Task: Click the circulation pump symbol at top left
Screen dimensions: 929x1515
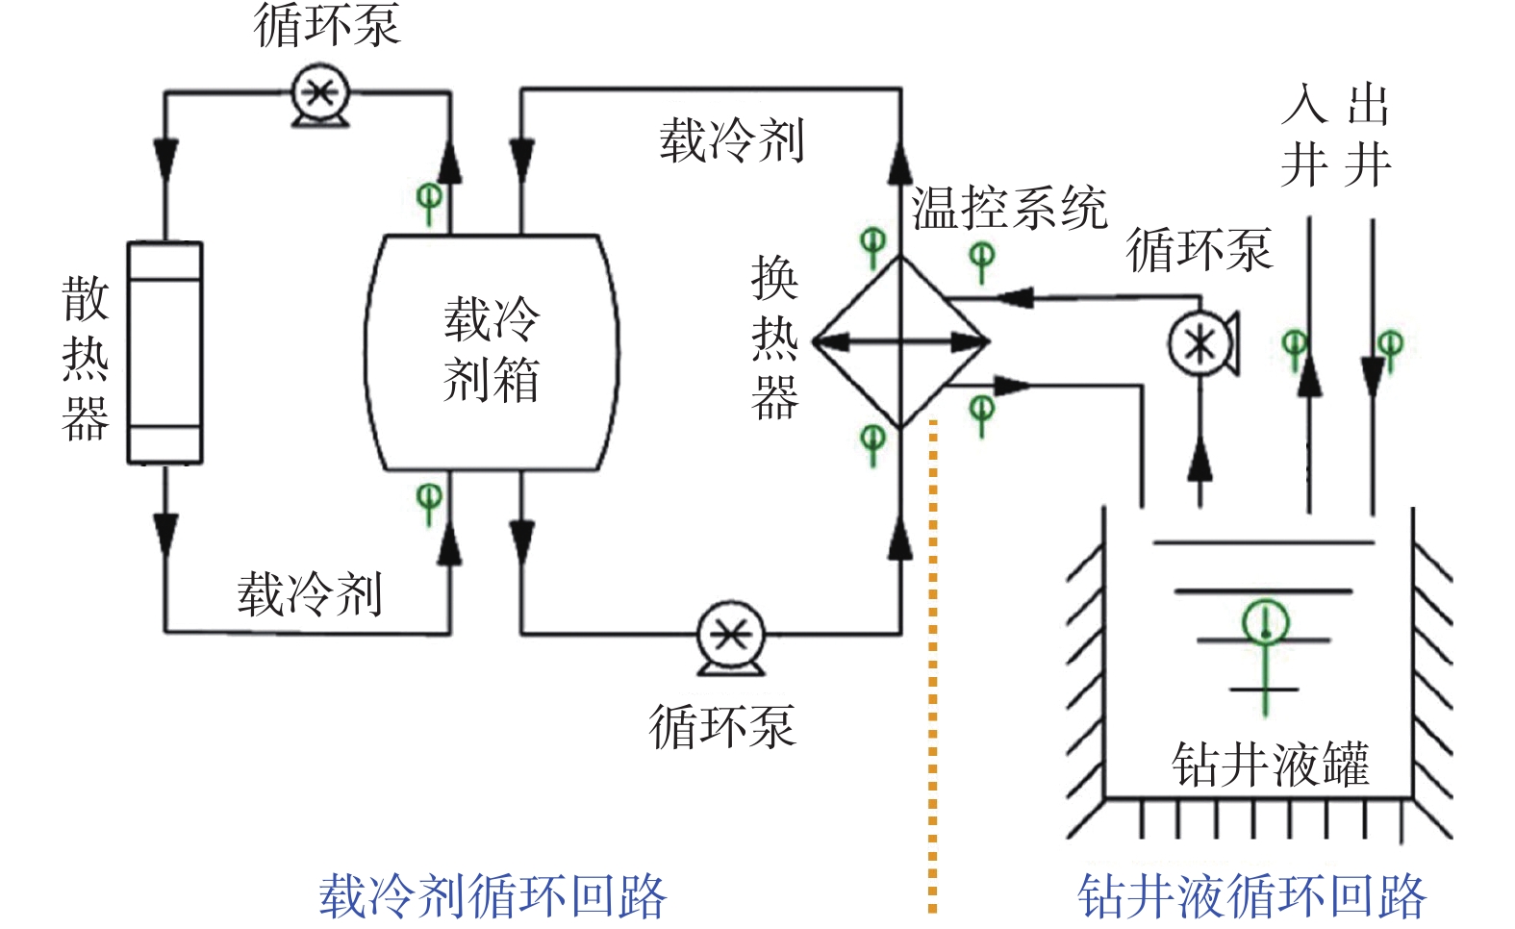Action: [x=319, y=94]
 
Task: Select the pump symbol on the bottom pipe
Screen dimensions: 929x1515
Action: [x=730, y=637]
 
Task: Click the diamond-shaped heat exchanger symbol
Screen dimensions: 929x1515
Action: [x=901, y=341]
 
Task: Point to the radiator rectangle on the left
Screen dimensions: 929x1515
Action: [x=165, y=352]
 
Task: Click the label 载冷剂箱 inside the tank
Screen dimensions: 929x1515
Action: [x=492, y=349]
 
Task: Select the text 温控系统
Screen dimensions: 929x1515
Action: [x=1009, y=208]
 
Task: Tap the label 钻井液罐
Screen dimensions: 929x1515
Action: [x=1270, y=765]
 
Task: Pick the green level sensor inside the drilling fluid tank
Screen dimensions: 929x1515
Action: [x=1265, y=623]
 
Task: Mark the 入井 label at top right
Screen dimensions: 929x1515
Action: [x=1305, y=135]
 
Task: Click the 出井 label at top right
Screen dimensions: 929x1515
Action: [x=1369, y=135]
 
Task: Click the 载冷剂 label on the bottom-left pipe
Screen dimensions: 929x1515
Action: [x=310, y=593]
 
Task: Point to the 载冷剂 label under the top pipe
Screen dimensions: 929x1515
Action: [x=731, y=140]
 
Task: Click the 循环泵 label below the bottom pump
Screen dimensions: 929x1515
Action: [x=721, y=726]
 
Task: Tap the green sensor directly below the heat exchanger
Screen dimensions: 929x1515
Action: [x=872, y=442]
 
